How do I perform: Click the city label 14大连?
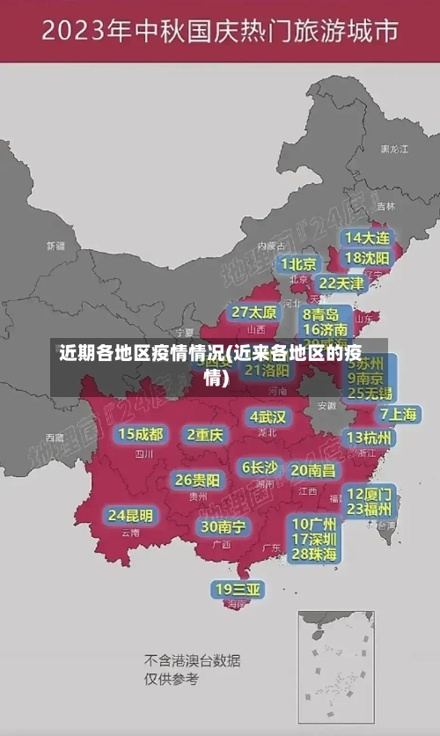coord(367,238)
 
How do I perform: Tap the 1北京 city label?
coord(298,263)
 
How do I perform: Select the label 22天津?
coord(340,283)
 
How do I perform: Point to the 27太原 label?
coord(253,312)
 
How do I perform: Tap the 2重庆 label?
coord(205,434)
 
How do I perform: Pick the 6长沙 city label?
coord(260,467)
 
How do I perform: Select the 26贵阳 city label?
coord(197,480)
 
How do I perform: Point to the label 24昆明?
coord(130,514)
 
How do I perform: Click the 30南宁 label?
coord(223,526)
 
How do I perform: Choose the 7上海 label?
coord(398,414)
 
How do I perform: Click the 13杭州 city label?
coord(370,438)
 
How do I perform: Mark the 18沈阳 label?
coord(367,257)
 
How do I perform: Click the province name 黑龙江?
coord(393,150)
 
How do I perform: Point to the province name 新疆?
coord(55,245)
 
